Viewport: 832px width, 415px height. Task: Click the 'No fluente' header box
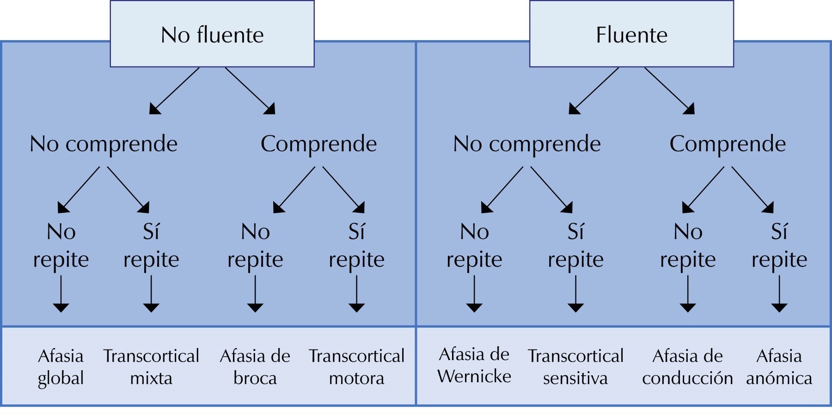[212, 34]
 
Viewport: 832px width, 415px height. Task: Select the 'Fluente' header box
[631, 34]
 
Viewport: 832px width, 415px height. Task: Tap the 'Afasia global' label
[61, 367]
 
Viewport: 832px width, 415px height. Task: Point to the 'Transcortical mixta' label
[151, 367]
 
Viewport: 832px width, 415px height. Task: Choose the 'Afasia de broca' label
[255, 367]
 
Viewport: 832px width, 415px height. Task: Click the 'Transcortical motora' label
[356, 367]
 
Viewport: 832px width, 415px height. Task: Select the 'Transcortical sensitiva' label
[575, 367]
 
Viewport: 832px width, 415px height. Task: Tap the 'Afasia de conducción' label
[687, 367]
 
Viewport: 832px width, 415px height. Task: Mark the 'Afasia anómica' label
[779, 367]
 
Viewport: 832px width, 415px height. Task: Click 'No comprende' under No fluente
[104, 144]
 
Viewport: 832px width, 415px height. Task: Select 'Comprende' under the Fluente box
[728, 144]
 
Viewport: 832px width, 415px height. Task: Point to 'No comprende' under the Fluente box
[527, 144]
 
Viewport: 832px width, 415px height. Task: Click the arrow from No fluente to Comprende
[250, 90]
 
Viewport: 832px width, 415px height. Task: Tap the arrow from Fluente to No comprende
[594, 90]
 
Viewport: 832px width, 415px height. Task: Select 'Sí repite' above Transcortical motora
[356, 245]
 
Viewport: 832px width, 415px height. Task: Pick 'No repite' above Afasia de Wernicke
[474, 245]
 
